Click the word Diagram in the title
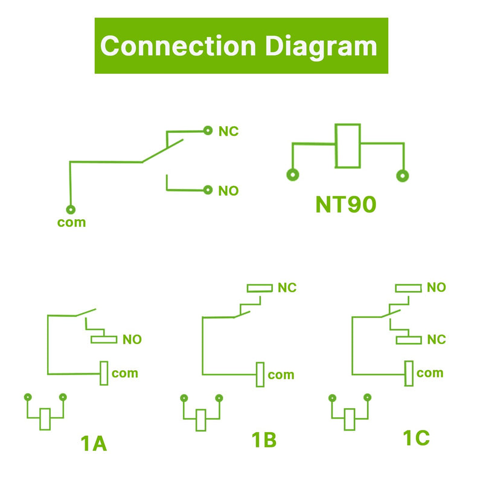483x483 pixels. tap(321, 47)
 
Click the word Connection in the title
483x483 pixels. tap(178, 46)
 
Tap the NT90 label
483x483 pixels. tap(345, 205)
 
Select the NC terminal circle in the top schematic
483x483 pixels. tap(208, 130)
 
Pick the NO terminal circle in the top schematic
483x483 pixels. tap(208, 190)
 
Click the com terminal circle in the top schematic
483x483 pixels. tap(71, 210)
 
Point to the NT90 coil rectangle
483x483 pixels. tap(348, 146)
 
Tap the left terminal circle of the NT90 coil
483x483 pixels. tap(293, 175)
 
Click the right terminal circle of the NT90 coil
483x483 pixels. tap(402, 176)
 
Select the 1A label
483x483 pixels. tap(94, 444)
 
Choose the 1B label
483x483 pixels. tap(264, 440)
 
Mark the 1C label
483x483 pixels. tap(416, 438)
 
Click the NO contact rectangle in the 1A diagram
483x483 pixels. tap(104, 339)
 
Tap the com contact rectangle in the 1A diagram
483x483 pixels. tap(104, 373)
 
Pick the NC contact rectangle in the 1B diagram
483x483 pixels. tap(260, 288)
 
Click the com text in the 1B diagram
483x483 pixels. tap(281, 375)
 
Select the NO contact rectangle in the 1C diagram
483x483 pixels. tap(409, 289)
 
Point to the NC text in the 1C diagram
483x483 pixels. tap(437, 340)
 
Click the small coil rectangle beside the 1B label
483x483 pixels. tap(201, 420)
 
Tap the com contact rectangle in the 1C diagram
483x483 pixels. tap(409, 374)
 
